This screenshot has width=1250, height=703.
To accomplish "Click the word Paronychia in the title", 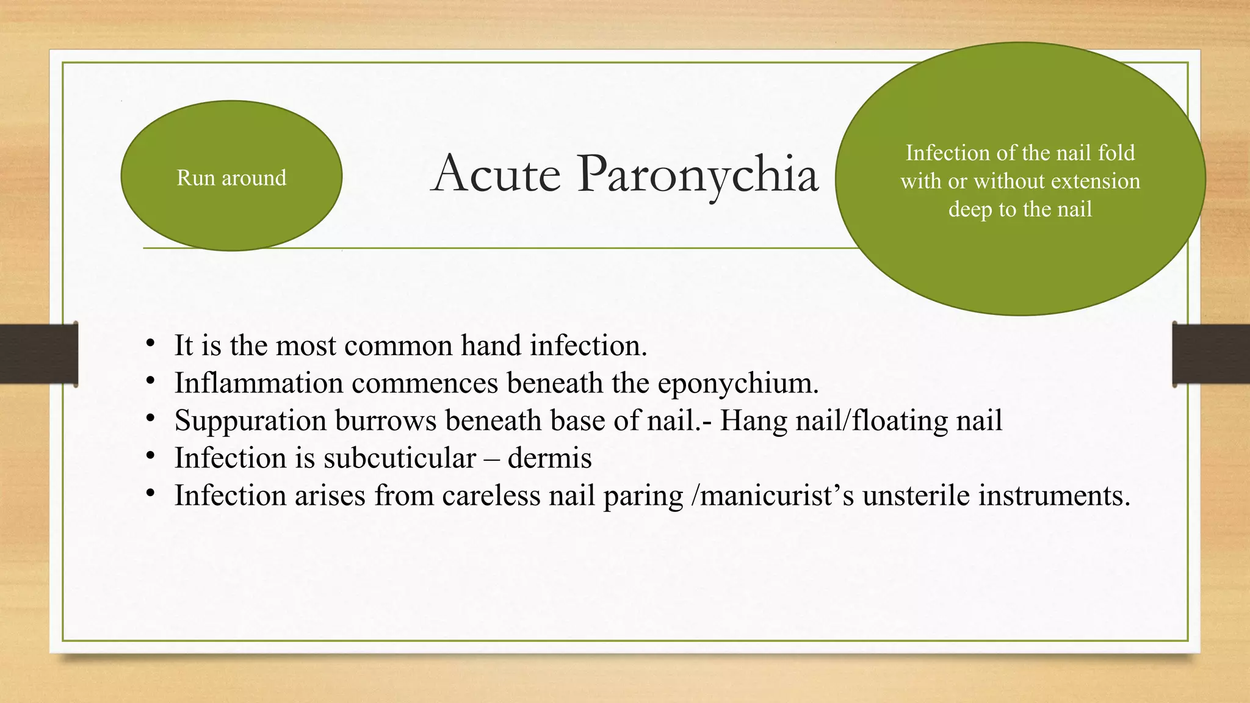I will coord(697,175).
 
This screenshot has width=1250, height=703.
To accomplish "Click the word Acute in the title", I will coord(495,175).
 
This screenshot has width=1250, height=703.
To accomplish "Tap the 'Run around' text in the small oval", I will coord(231,178).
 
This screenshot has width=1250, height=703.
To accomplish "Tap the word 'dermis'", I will coord(549,458).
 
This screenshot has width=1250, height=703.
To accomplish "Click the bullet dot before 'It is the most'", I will coord(150,344).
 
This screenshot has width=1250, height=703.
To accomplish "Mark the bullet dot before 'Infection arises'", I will coord(150,493).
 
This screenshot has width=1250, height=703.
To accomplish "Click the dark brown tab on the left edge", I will coord(38,355).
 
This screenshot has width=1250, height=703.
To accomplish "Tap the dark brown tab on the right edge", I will coord(1211,355).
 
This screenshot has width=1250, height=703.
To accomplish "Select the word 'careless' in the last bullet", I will coord(491,496).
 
